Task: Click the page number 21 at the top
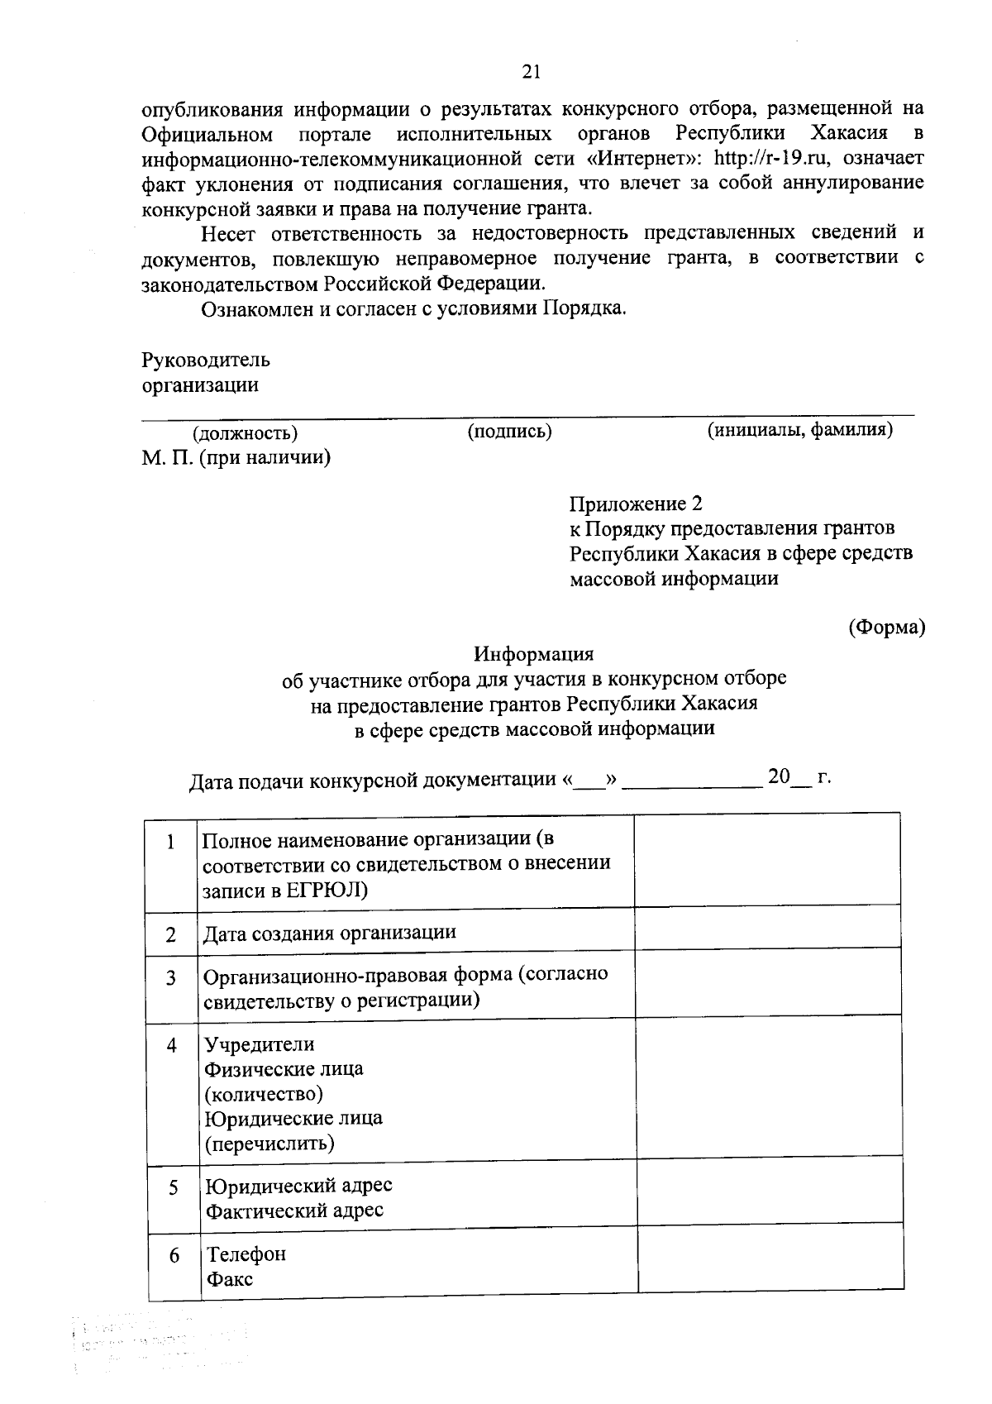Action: tap(531, 73)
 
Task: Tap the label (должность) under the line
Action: tap(245, 433)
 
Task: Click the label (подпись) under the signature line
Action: tap(509, 432)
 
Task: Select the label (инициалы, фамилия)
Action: tap(799, 430)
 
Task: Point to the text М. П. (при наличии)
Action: tap(236, 458)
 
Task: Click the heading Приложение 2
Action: tap(636, 504)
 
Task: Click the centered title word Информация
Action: tap(533, 654)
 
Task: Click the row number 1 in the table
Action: tap(170, 843)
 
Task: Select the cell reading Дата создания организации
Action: tap(330, 933)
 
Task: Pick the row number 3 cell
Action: tap(171, 978)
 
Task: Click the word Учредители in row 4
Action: tap(260, 1044)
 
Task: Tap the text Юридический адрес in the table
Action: tap(298, 1185)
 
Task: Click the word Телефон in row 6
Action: tap(246, 1254)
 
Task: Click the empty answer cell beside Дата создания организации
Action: tap(767, 927)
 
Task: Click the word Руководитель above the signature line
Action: tap(206, 361)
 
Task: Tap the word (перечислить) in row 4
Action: tap(269, 1144)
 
